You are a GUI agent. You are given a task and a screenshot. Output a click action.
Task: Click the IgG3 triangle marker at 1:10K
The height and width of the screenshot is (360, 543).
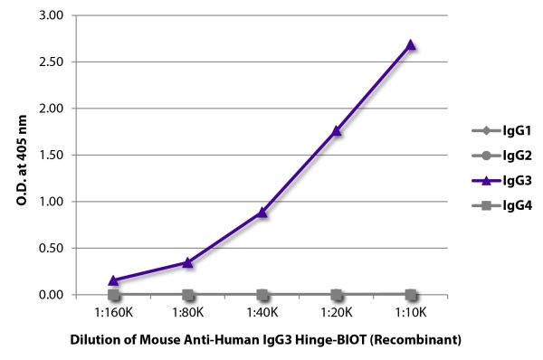411,44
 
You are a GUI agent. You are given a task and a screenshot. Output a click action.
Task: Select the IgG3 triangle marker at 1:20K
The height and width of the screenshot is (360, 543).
337,130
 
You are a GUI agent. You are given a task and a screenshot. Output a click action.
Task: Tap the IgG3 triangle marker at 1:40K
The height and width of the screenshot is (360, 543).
262,213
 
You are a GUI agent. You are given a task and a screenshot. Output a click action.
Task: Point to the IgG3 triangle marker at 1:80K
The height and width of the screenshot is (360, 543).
188,262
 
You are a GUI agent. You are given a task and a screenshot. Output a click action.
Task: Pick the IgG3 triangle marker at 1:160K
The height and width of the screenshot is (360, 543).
114,280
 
